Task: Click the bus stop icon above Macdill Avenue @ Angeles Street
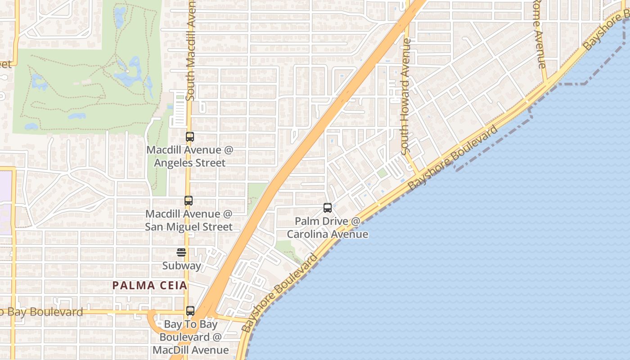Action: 190,137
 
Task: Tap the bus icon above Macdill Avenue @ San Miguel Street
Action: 189,201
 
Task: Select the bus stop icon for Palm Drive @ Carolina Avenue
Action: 328,208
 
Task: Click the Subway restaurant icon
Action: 181,252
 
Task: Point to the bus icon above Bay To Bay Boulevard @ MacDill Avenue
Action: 190,311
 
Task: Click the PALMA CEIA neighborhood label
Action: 149,285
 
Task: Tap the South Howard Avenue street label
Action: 406,97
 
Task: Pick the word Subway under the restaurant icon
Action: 181,265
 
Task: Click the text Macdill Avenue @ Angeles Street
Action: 190,156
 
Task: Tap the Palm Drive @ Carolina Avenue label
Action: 328,228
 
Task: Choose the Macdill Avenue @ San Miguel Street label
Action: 189,220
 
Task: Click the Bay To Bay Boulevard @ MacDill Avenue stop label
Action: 190,337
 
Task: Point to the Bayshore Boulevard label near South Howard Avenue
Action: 453,158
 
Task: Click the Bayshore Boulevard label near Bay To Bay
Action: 279,293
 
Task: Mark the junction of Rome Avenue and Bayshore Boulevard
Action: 546,84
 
